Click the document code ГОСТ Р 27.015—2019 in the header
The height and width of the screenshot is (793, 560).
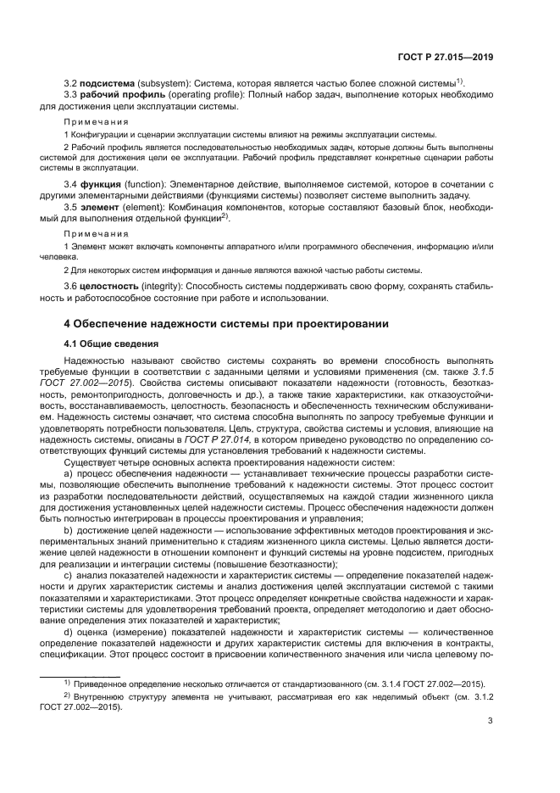446,57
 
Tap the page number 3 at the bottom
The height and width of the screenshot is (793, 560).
491,722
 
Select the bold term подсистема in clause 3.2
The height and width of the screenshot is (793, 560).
107,83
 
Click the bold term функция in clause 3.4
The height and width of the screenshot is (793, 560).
102,184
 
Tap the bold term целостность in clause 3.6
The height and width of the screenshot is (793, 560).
110,287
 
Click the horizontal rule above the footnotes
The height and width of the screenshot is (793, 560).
80,675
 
